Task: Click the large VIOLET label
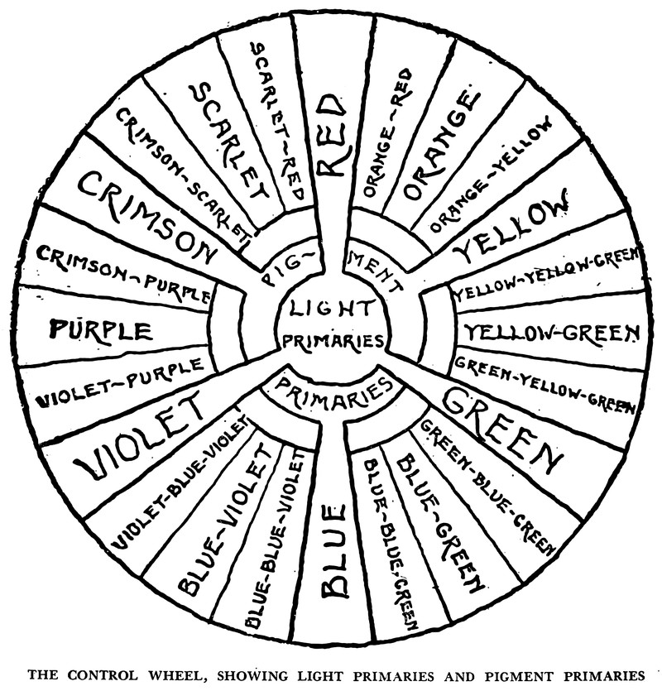click(140, 438)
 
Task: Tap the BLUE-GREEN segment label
click(439, 521)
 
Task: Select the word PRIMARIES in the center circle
click(333, 340)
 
